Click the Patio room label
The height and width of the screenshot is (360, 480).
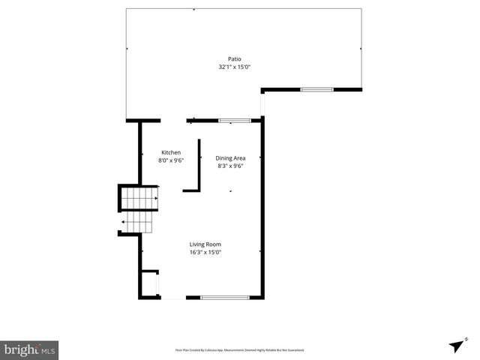tap(235, 59)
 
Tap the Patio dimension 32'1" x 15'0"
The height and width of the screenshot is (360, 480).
tap(234, 67)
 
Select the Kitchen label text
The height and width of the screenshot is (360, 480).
tap(170, 152)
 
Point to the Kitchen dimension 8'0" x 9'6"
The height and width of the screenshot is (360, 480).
tap(170, 160)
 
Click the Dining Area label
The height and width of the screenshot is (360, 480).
tap(230, 158)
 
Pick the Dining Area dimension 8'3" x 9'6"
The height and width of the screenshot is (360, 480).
tap(230, 166)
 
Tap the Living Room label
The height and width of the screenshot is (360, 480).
tap(205, 244)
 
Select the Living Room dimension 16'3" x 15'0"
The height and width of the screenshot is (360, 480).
tap(205, 253)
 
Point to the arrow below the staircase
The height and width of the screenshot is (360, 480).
tap(123, 222)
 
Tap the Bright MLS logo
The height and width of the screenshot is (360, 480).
tap(29, 349)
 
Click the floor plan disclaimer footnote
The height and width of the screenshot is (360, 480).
tap(239, 350)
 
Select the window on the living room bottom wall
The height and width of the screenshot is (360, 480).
tap(224, 298)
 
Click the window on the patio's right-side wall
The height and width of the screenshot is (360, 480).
tap(316, 90)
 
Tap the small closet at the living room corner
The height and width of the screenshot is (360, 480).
tap(150, 283)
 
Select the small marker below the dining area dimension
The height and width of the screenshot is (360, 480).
tap(230, 192)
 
